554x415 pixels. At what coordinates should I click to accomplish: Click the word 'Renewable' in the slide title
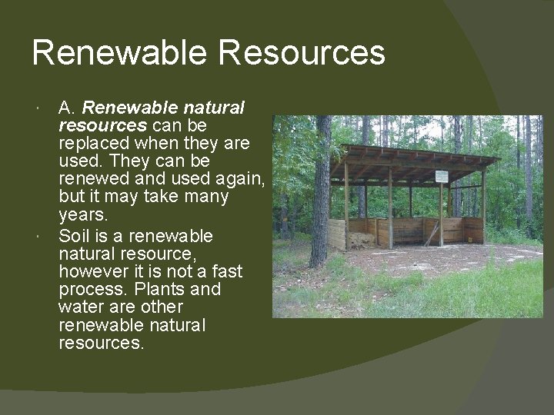(x=119, y=53)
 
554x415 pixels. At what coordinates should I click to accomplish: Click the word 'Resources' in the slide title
(x=302, y=53)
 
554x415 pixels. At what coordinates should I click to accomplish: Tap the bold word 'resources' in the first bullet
(x=103, y=124)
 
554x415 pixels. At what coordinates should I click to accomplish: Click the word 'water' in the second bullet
(x=80, y=307)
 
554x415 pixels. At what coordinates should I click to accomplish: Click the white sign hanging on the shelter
(x=441, y=176)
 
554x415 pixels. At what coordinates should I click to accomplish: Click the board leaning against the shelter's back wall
(x=432, y=233)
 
